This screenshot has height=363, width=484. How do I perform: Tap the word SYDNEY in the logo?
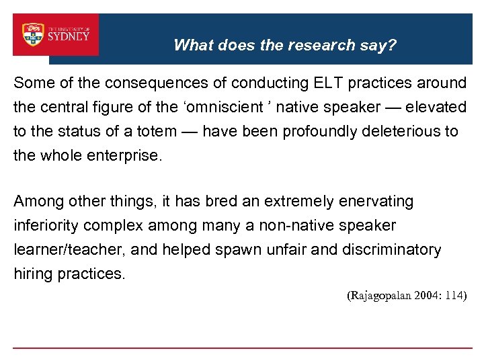coord(69,36)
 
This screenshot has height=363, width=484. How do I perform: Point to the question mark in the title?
coord(393,45)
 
